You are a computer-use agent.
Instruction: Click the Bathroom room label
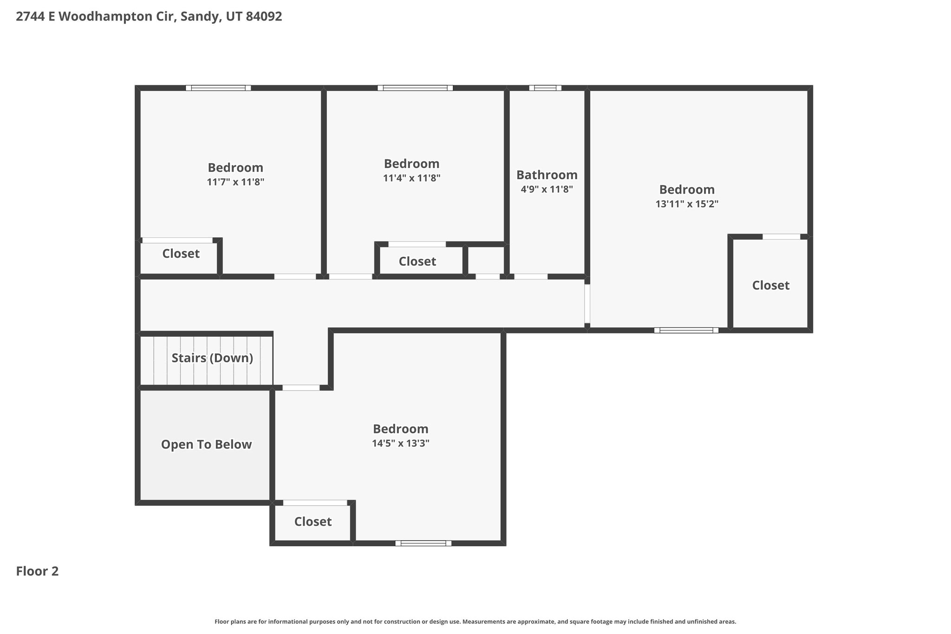click(547, 175)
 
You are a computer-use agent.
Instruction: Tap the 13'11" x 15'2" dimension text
click(687, 204)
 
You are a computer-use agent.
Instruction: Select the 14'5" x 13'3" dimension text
click(400, 443)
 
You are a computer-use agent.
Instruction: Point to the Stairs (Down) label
click(212, 358)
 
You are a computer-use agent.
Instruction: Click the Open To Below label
click(206, 444)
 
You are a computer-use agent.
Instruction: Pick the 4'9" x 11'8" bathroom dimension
click(547, 189)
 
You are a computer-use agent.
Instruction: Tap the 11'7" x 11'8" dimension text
click(235, 182)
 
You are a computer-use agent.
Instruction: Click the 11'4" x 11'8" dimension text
click(411, 178)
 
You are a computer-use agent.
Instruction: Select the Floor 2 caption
click(37, 571)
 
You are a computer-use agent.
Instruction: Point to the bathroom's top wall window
click(545, 88)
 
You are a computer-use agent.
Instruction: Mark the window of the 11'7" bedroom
click(218, 88)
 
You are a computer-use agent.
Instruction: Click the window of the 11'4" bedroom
click(415, 88)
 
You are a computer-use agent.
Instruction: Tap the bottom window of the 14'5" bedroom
click(423, 543)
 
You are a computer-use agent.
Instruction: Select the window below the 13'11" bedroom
click(686, 330)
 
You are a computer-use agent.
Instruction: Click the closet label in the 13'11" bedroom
click(771, 285)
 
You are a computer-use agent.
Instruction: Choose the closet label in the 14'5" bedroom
click(313, 522)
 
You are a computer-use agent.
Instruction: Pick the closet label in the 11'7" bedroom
click(181, 254)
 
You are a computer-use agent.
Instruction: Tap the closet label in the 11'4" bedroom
click(417, 261)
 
